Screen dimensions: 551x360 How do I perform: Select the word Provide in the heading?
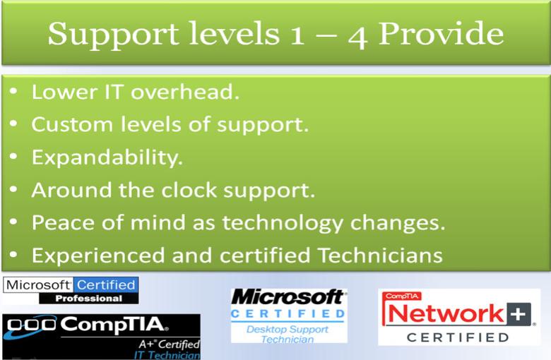(x=441, y=33)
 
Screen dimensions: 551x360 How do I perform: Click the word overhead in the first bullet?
(x=185, y=92)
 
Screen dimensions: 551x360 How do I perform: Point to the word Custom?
(x=72, y=124)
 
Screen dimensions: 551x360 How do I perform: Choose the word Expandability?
(x=107, y=157)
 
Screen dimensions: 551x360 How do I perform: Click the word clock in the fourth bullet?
(x=189, y=190)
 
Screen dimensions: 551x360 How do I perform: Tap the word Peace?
(x=64, y=222)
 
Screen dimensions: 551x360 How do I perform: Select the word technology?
(x=283, y=223)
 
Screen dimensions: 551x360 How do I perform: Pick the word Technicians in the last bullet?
(x=380, y=255)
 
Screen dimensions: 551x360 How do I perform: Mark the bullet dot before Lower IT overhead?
(x=13, y=92)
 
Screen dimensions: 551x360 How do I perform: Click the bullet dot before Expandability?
(x=13, y=157)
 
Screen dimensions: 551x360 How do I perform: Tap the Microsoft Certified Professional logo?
(x=71, y=290)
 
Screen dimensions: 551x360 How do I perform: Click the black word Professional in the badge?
(x=88, y=299)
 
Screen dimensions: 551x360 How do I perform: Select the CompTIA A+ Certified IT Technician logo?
(x=102, y=337)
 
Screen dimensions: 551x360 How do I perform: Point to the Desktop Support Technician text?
(x=288, y=334)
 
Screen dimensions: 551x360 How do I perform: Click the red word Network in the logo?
(x=446, y=313)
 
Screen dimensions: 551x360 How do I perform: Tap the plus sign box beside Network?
(x=519, y=313)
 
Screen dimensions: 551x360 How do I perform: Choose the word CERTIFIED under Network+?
(x=458, y=337)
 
